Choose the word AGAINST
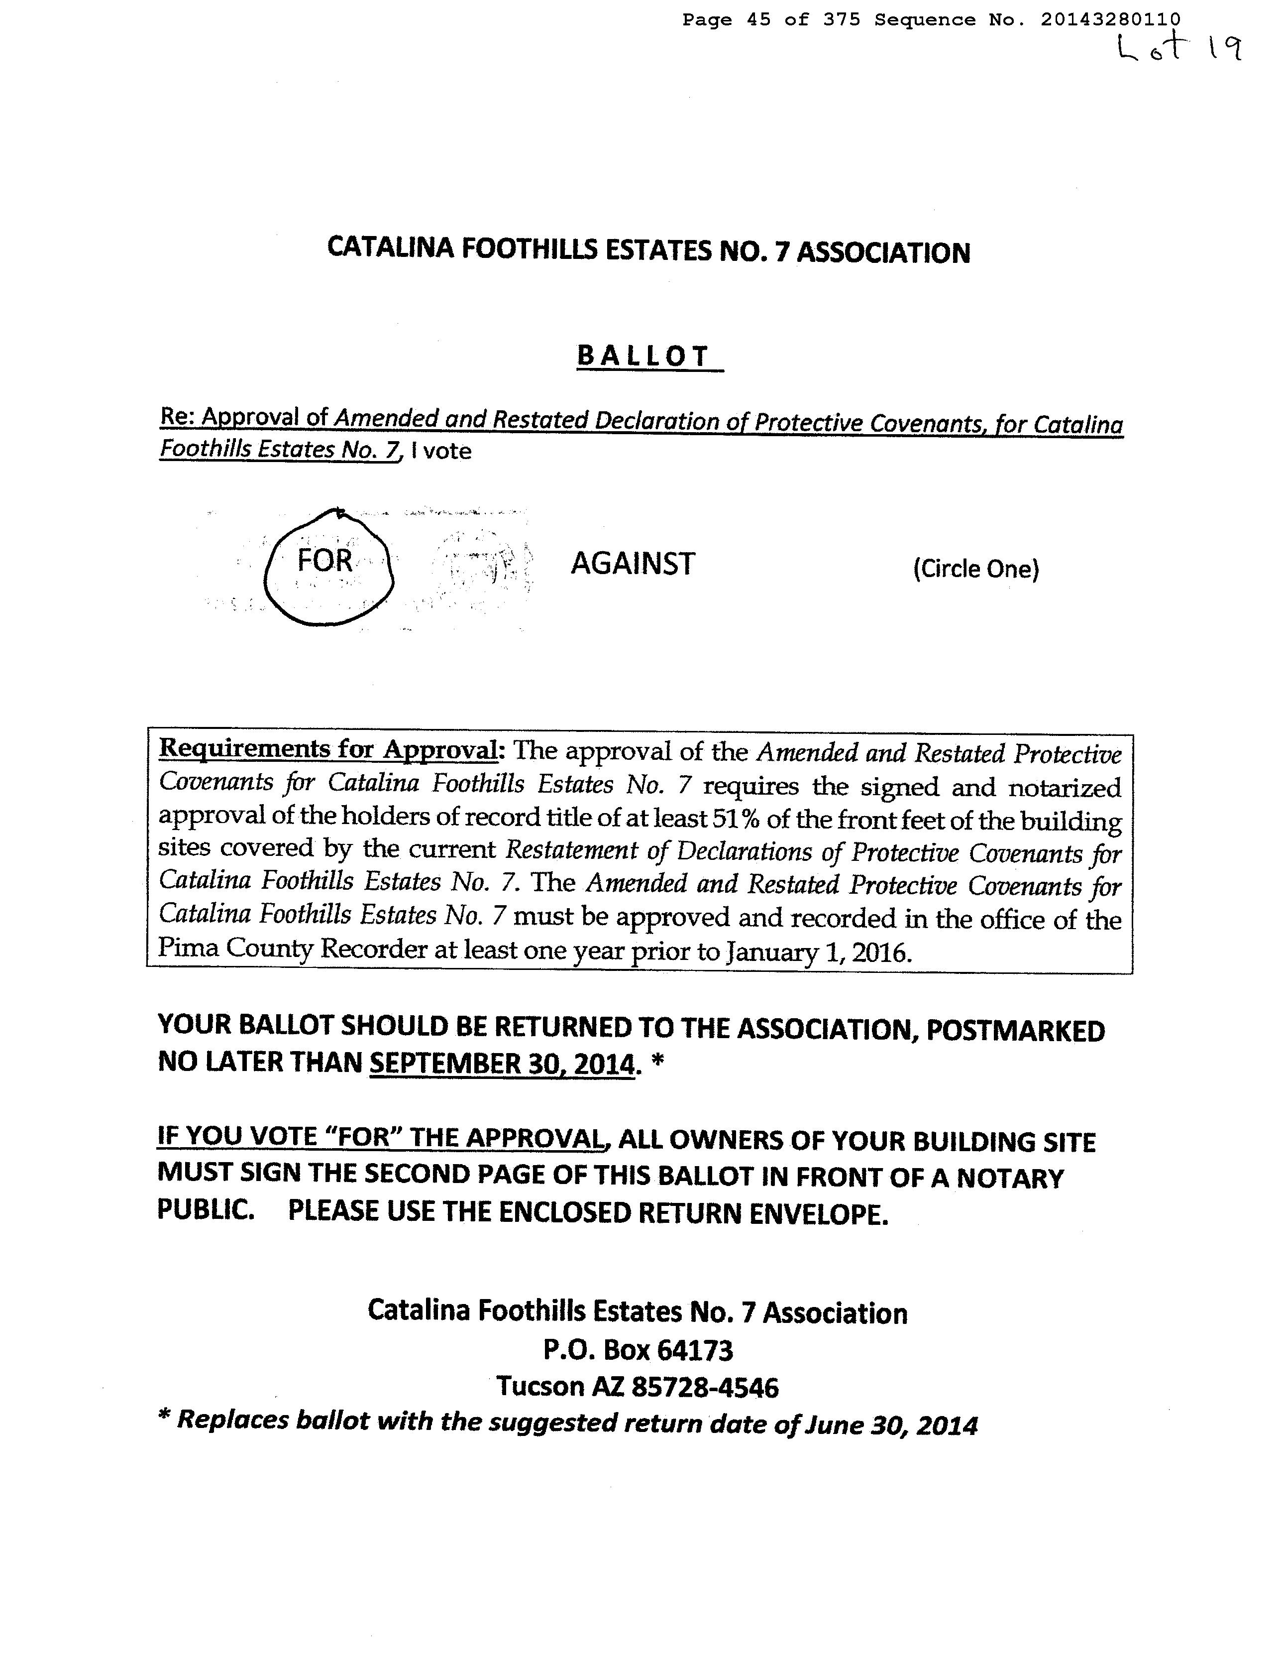point(633,564)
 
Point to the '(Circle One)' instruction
point(975,569)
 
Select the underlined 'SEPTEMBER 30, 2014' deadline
point(501,1062)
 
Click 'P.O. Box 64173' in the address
point(638,1350)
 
